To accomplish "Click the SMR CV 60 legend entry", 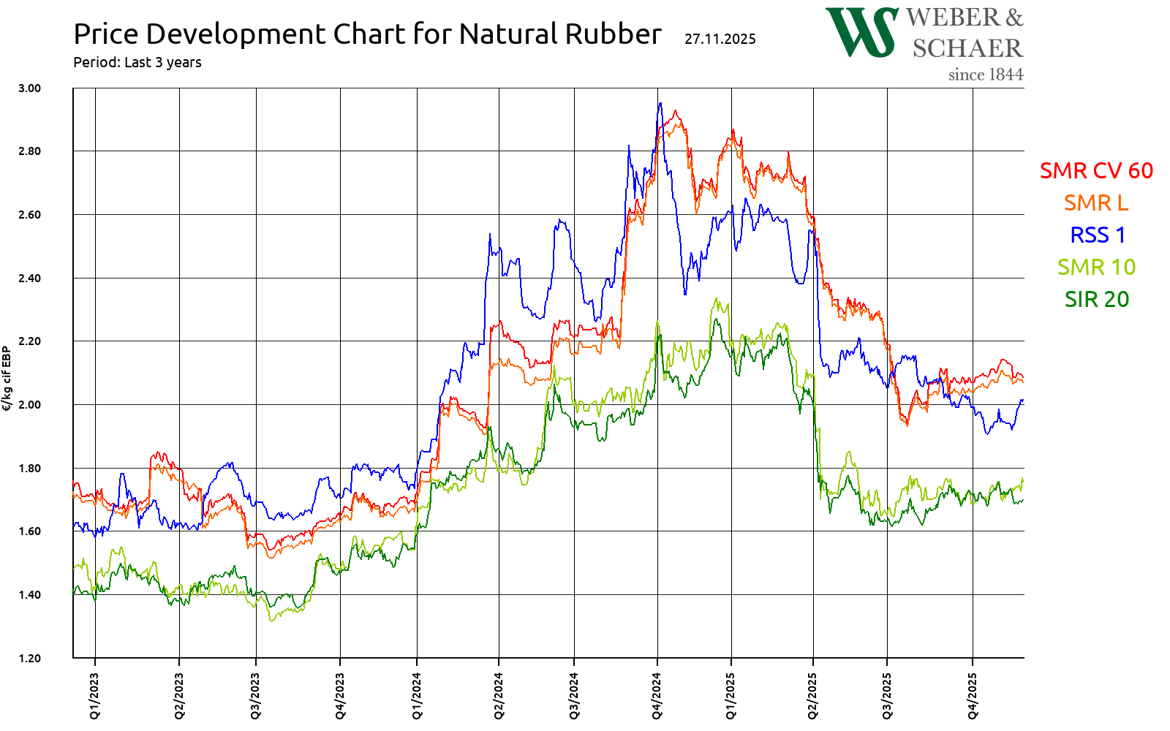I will coord(1095,170).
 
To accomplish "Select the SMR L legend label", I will coord(1095,202).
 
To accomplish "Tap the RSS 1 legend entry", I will coord(1097,235).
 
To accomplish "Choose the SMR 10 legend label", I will coord(1096,267).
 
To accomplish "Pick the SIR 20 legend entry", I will coord(1096,299).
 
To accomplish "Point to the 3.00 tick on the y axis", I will coord(29,88).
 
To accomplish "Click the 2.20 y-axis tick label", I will coord(29,341).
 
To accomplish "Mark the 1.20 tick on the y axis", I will coord(29,658).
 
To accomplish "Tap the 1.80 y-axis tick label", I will coord(29,468).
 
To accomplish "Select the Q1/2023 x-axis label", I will coord(95,696).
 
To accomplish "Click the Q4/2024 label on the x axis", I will coord(657,696).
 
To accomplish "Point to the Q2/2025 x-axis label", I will coord(813,696).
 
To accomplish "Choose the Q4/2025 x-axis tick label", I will coord(973,696).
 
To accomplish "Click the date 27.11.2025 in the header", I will coord(720,39).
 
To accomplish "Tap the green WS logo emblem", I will coord(861,32).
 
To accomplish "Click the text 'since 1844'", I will coord(985,75).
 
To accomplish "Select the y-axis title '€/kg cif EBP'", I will coord(7,379).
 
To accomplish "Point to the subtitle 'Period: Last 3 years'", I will coord(137,62).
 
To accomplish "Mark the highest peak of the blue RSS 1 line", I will coord(660,103).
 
